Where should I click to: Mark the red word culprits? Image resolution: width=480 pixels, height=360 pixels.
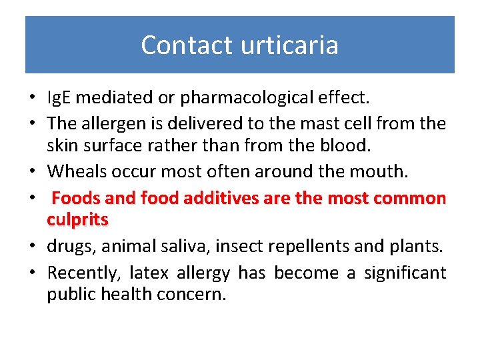77,219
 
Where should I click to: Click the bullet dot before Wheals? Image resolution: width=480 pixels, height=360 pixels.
32,172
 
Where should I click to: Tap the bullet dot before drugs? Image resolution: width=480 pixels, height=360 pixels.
32,247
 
